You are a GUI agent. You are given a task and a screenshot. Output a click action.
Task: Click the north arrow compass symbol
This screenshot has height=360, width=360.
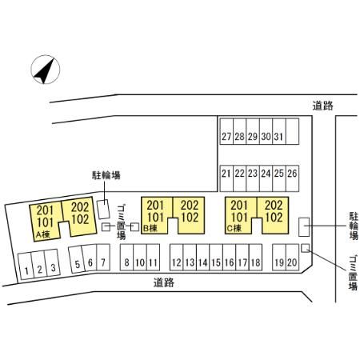pos(46,70)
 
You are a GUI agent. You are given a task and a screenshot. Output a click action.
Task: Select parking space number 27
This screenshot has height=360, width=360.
pos(226,131)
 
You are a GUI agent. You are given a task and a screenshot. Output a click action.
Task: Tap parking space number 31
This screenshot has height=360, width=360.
pos(279,131)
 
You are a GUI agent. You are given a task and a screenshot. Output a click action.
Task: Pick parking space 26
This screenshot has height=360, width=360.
pos(292,178)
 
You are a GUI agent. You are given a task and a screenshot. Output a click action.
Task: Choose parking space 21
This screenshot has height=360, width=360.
pos(226,178)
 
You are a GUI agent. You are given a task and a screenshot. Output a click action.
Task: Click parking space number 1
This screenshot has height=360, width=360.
pos(26,266)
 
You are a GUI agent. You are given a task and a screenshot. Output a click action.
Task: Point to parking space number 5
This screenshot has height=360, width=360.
pos(77,259)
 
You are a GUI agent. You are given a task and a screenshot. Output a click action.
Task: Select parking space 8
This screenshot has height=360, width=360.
pos(126,258)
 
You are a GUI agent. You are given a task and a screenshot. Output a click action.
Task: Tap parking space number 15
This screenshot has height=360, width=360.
pos(216,258)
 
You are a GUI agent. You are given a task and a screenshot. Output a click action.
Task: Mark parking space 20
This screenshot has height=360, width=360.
pos(292,258)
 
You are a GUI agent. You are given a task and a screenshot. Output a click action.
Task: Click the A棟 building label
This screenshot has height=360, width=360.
pos(43,234)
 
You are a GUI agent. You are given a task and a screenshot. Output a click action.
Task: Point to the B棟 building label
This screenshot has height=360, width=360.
pos(150,229)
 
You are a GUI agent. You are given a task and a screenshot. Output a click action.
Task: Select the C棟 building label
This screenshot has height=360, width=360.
pos(234,229)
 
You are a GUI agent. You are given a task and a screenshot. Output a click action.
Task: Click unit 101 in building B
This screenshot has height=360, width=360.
pos(155,218)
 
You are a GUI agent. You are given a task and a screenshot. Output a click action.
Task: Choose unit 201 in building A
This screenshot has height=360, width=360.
pos(45,210)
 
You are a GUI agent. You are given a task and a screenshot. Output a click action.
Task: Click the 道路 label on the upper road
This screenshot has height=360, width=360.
pos(323,106)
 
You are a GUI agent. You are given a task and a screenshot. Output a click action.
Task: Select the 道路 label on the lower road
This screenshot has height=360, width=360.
pos(164,282)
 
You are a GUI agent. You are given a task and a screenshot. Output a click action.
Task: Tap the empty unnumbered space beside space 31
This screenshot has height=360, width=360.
pos(292,131)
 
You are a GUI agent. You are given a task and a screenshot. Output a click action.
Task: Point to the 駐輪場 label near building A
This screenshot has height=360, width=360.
pos(106,175)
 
